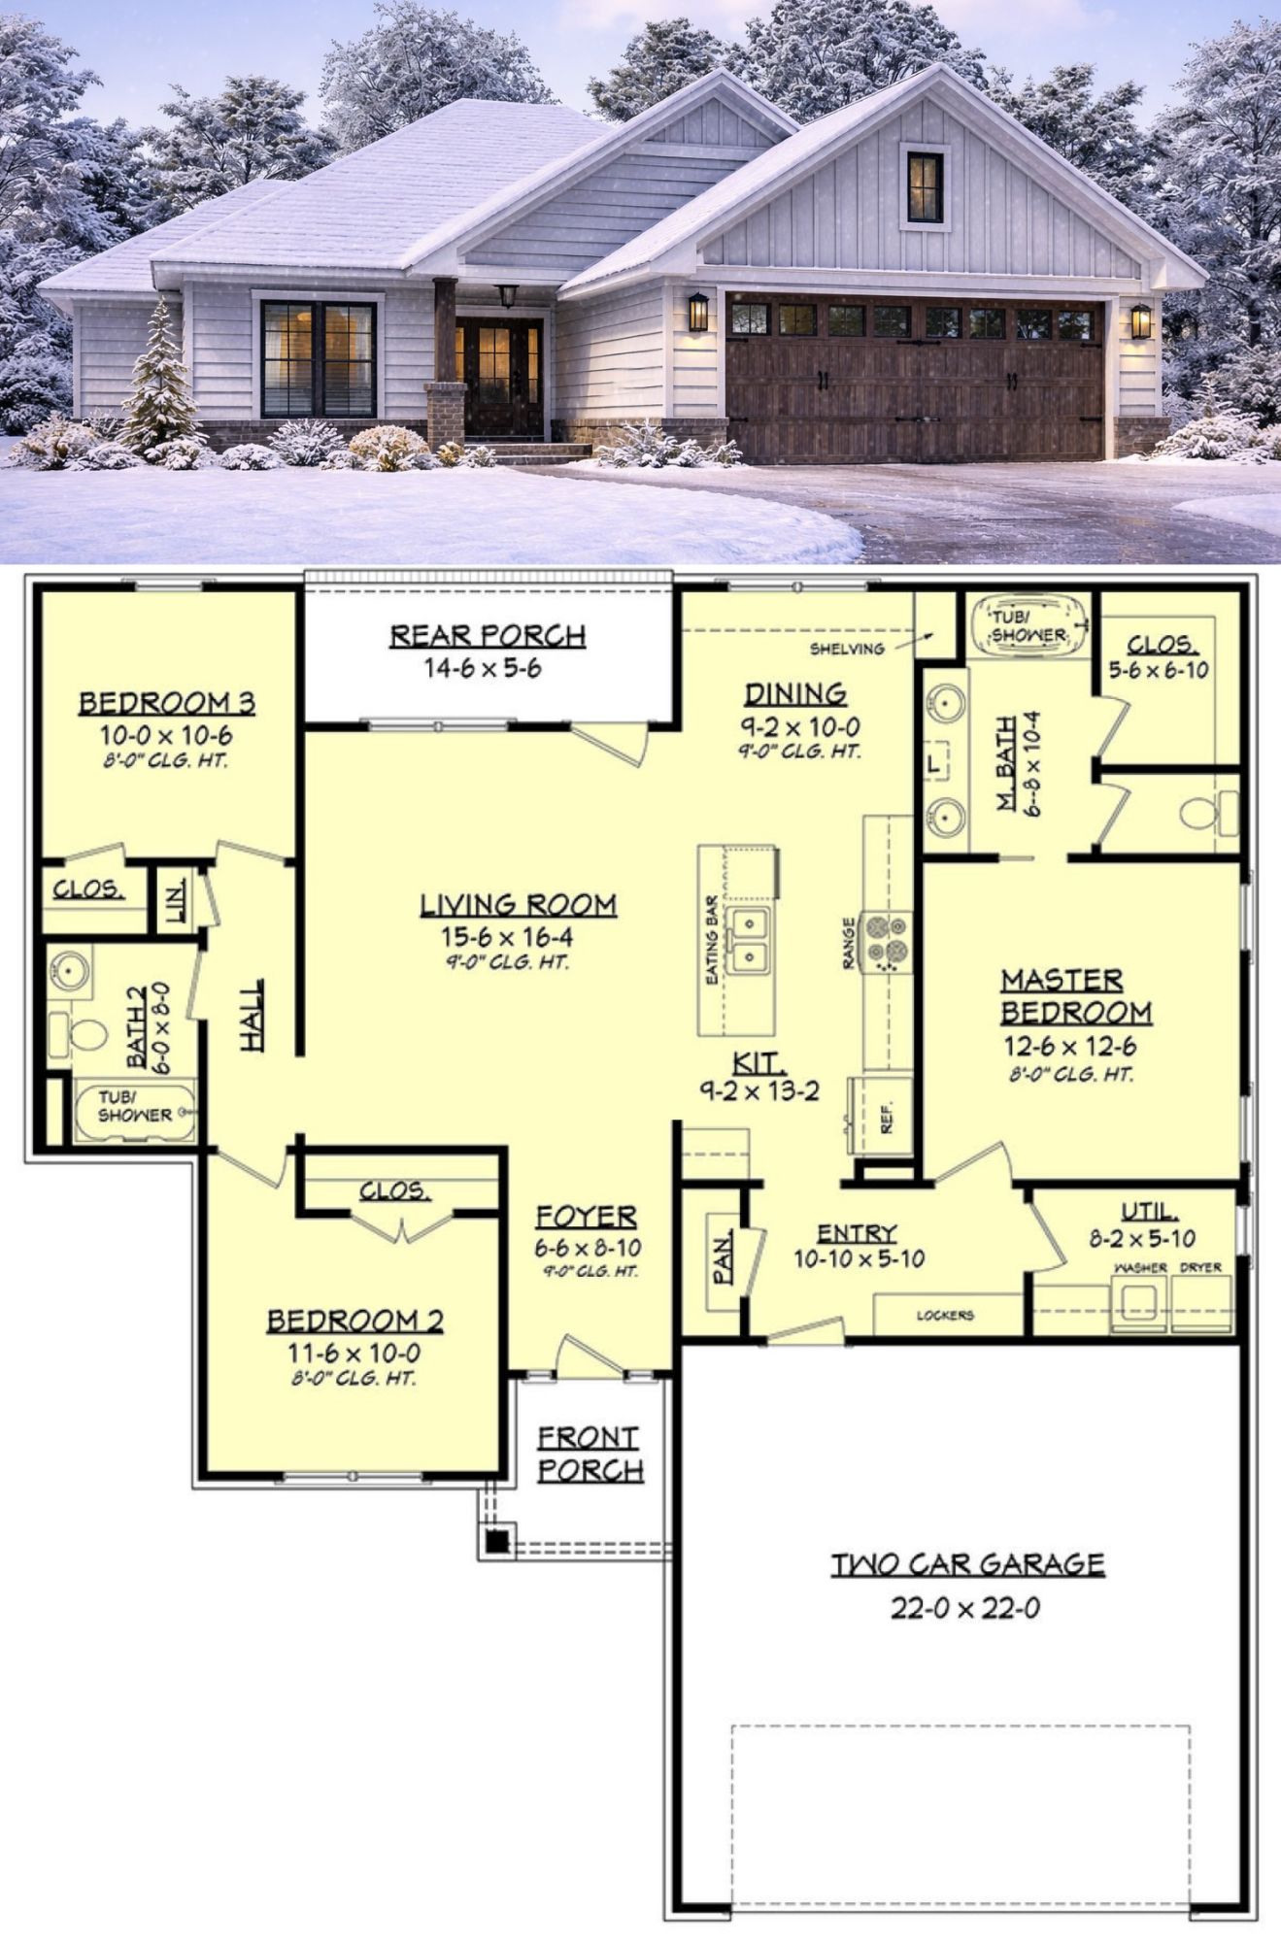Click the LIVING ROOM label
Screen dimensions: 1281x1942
pos(518,905)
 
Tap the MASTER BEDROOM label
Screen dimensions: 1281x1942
pos(1076,995)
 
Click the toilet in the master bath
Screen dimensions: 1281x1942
pos(1209,812)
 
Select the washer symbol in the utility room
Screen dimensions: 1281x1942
pos(1138,1302)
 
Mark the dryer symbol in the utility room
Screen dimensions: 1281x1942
pos(1201,1302)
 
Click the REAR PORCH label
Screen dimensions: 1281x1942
pos(488,636)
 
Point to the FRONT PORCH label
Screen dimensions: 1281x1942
pos(590,1455)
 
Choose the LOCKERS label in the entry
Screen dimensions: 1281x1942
pos(944,1316)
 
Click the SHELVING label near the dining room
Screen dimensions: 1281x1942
pos(848,649)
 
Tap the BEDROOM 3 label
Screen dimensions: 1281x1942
pos(167,703)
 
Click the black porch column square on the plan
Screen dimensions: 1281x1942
pos(496,1540)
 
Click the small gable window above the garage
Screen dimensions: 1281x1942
pos(925,186)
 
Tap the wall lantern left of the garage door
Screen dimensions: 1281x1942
pos(698,312)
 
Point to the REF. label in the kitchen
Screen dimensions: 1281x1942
pos(886,1119)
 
